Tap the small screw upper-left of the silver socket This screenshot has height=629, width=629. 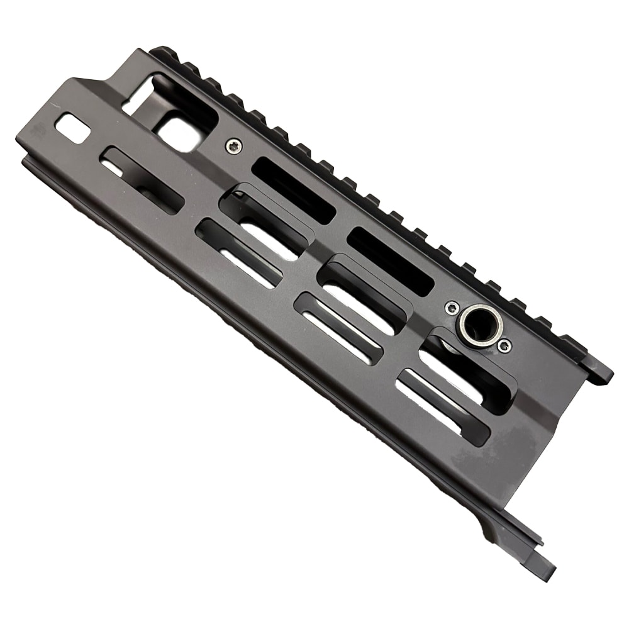coord(450,308)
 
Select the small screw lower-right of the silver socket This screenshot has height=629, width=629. coord(503,345)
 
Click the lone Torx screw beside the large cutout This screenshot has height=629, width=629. coord(233,146)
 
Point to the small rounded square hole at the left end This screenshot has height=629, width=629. coord(73,128)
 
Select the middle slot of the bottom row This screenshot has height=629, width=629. coord(340,328)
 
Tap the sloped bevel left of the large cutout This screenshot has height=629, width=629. coord(101,88)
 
